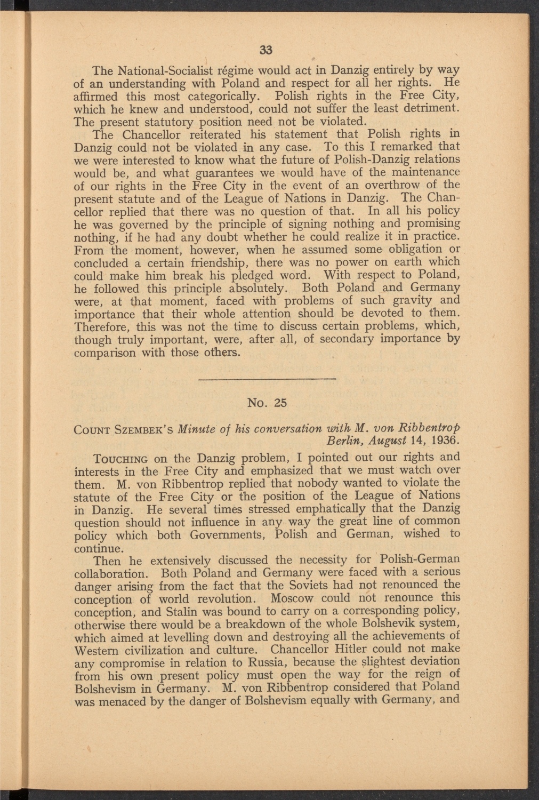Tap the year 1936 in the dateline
coord(443,442)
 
